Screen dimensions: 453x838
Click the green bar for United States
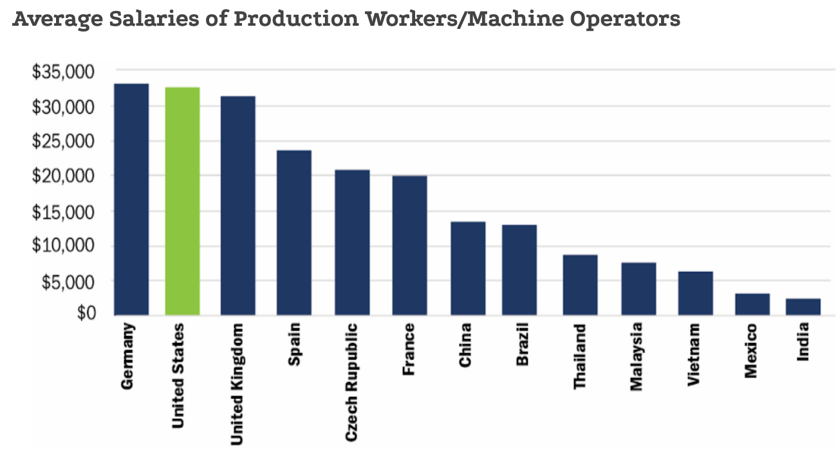click(182, 201)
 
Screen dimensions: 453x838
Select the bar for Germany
click(131, 199)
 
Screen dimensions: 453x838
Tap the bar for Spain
click(293, 232)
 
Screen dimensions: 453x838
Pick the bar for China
click(468, 268)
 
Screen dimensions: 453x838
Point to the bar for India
click(803, 307)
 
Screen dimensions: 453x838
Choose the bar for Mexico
click(752, 304)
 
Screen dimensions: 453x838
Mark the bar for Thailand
click(580, 284)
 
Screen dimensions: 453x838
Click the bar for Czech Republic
click(352, 242)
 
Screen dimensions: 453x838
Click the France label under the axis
click(409, 350)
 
